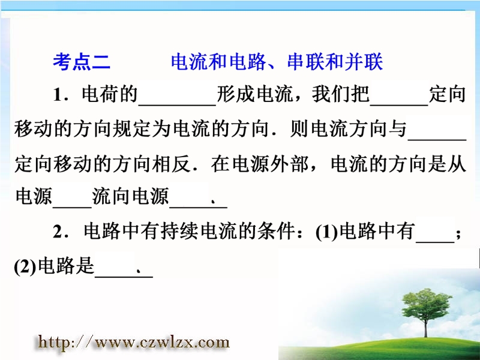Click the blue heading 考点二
tap(82, 62)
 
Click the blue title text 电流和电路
tap(218, 62)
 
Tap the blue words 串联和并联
tap(335, 62)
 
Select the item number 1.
tap(58, 95)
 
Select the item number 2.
tap(58, 232)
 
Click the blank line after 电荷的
tap(177, 105)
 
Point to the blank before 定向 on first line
tap(399, 105)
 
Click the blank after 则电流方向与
tap(437, 140)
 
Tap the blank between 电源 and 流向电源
tap(72, 208)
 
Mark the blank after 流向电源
tap(198, 208)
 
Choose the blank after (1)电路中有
tap(435, 242)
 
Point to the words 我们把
tap(340, 94)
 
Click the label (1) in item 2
tap(327, 232)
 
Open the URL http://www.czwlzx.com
tap(134, 342)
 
